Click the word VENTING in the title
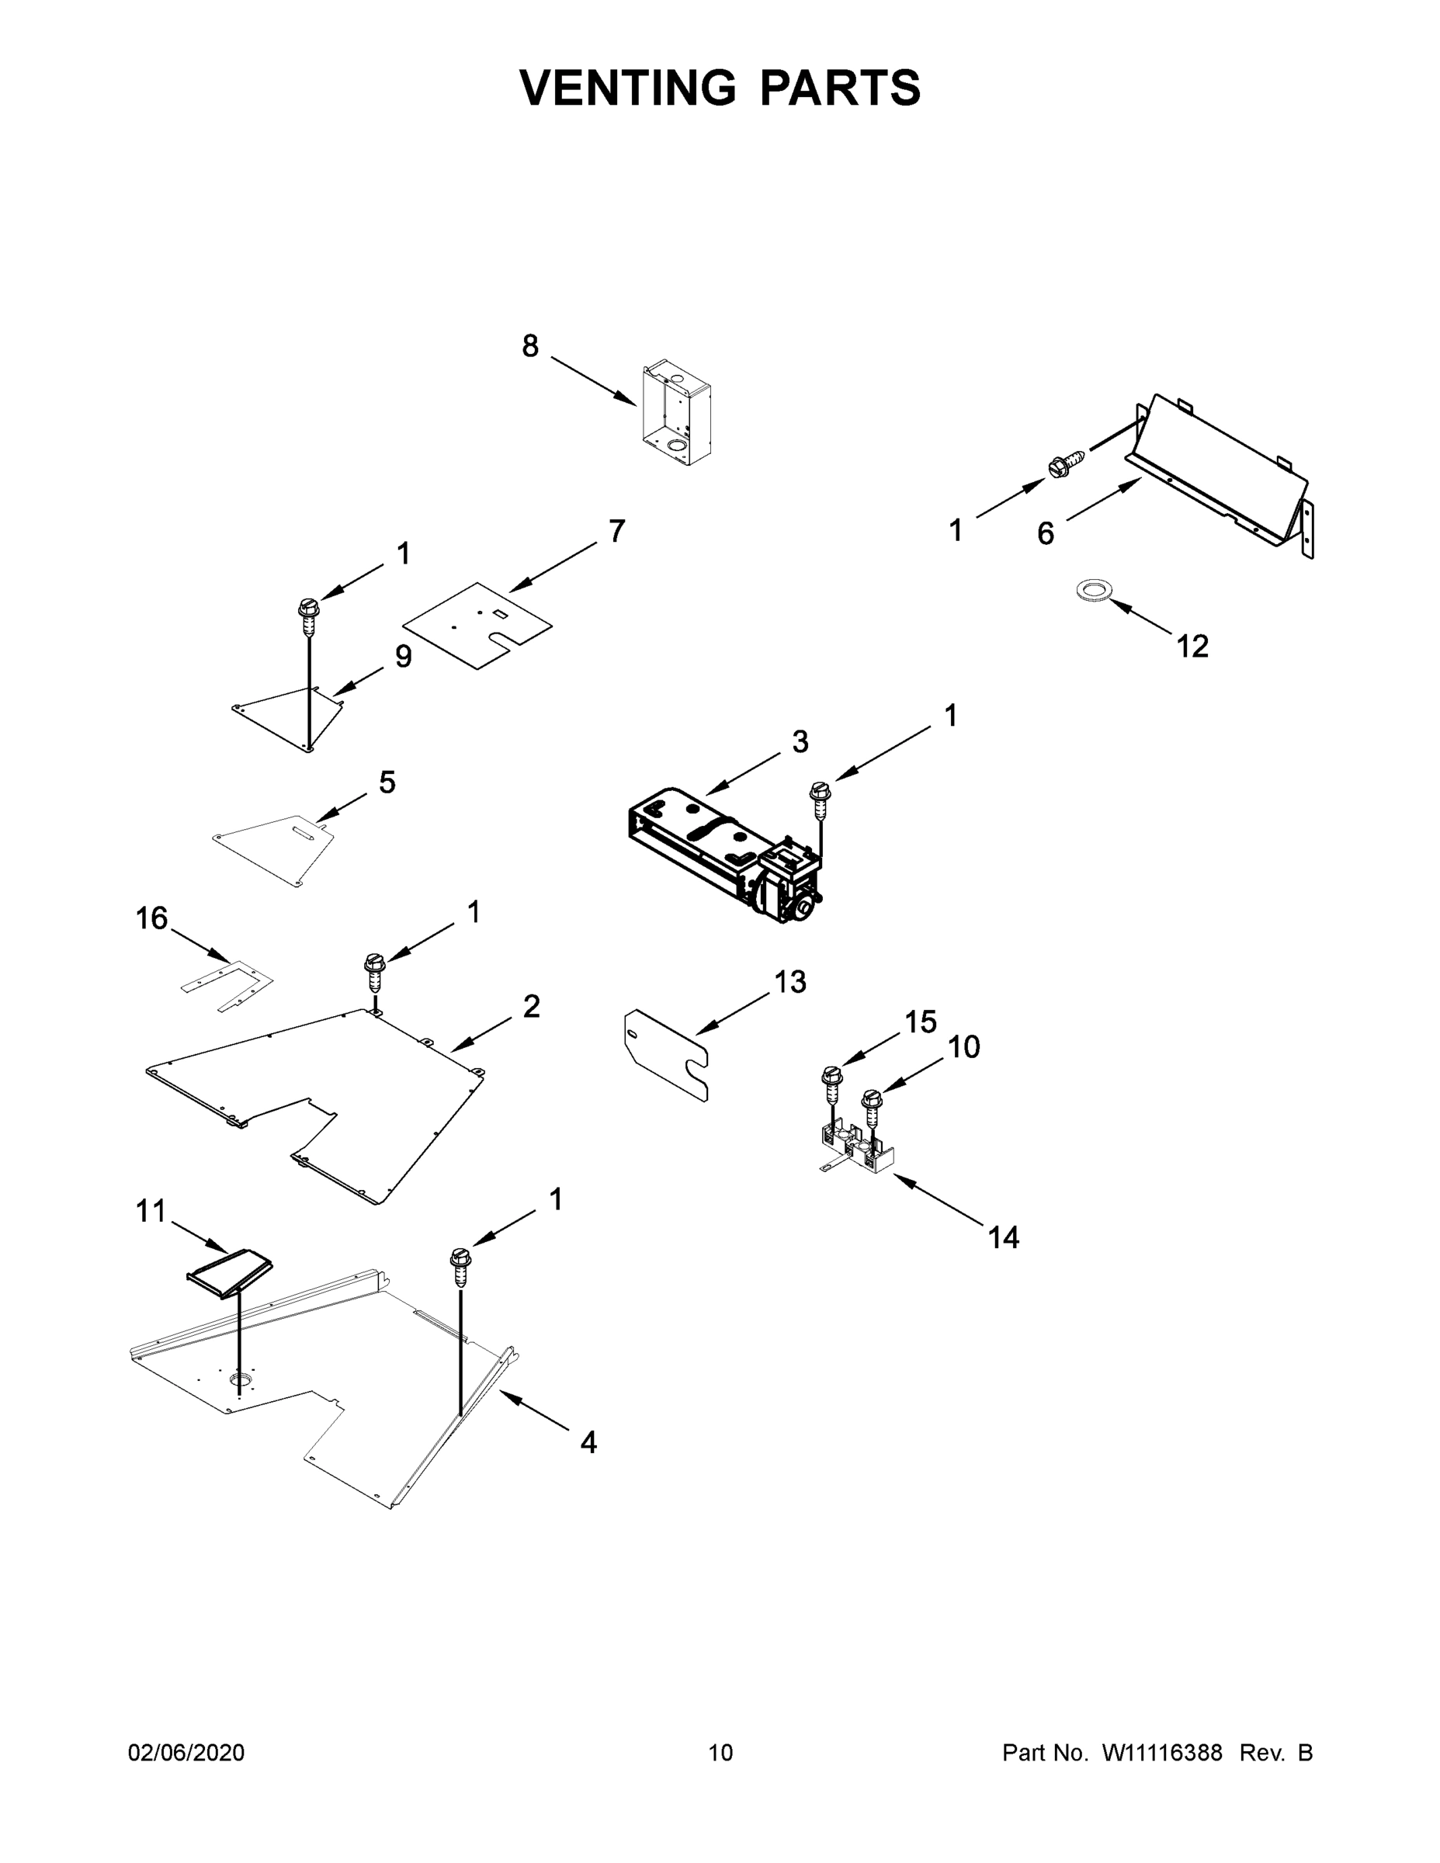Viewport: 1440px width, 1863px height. tap(627, 88)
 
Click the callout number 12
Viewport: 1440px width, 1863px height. tap(1192, 647)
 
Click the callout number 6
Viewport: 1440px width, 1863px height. tap(1045, 534)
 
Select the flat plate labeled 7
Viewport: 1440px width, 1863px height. tap(477, 624)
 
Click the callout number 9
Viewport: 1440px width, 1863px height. tap(403, 656)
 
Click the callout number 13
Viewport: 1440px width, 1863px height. tap(790, 982)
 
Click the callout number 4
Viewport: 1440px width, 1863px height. tap(588, 1442)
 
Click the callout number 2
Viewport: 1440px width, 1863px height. tap(531, 1007)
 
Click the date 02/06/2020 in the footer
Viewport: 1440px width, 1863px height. tap(186, 1753)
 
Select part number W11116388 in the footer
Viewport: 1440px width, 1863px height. tap(1162, 1753)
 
